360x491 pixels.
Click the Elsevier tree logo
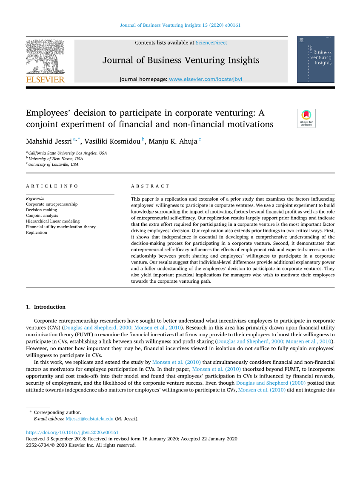(x=45, y=57)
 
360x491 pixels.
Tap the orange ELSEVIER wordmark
(x=45, y=79)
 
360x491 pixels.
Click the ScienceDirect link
(x=211, y=43)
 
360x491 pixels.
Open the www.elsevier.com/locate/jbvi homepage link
(x=206, y=79)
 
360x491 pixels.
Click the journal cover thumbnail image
(x=315, y=59)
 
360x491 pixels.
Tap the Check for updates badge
(x=306, y=118)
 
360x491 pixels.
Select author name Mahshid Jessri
(x=49, y=142)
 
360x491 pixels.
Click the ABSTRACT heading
(x=150, y=186)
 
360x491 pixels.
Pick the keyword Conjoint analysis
(x=42, y=216)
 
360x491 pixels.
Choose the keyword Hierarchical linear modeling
(x=53, y=221)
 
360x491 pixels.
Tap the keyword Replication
(x=37, y=233)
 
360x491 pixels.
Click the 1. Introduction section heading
(x=46, y=307)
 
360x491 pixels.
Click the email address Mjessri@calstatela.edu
(x=89, y=419)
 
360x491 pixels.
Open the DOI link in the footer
(x=72, y=433)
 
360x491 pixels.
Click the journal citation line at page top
(x=180, y=25)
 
